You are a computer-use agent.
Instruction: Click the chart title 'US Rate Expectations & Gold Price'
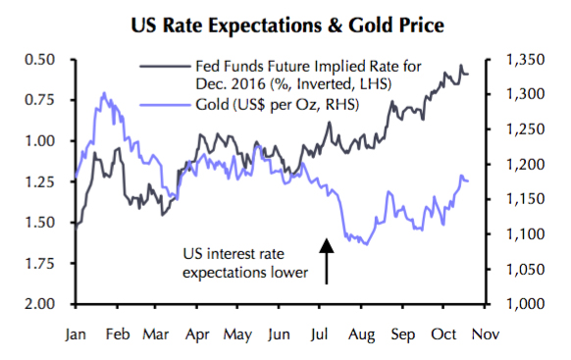[x=285, y=23]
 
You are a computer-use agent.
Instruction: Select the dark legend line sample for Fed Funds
[x=161, y=67]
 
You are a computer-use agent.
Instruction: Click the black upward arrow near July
[x=326, y=258]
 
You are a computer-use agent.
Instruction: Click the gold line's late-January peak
[x=104, y=93]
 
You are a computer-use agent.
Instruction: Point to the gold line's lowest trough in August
[x=365, y=243]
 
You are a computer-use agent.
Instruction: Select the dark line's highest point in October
[x=461, y=67]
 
